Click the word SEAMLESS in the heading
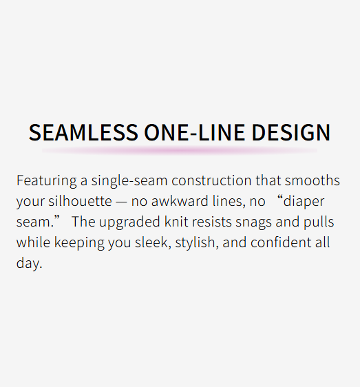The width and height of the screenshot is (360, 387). click(x=83, y=132)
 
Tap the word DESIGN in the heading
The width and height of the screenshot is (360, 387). click(x=291, y=132)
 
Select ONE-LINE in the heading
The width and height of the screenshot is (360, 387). click(x=194, y=132)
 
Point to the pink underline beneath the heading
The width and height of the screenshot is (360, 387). click(x=180, y=150)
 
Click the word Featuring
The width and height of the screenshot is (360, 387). click(x=47, y=181)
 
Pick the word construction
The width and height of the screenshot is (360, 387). click(x=211, y=180)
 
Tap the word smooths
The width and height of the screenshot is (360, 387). click(x=313, y=180)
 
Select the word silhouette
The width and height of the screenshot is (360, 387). click(x=80, y=201)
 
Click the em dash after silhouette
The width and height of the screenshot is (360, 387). click(x=121, y=202)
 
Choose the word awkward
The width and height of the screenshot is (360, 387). click(x=180, y=201)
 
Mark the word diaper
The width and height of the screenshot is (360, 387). click(x=304, y=202)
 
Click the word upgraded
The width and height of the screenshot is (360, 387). click(x=129, y=222)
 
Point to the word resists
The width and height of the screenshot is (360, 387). click(x=212, y=222)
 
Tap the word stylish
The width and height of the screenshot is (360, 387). click(x=197, y=243)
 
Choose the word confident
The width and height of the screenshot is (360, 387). click(x=281, y=242)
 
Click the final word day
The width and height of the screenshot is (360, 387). click(x=30, y=263)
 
